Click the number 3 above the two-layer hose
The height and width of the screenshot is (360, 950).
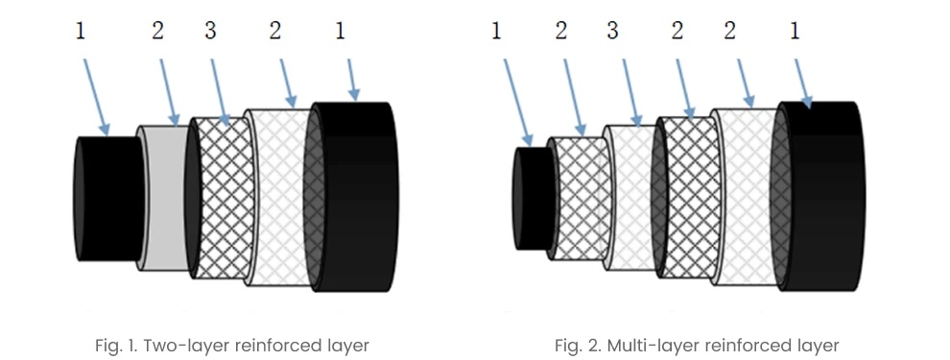tap(210, 31)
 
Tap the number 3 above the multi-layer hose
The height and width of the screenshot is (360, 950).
tap(612, 31)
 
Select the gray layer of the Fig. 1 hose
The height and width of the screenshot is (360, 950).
tap(165, 198)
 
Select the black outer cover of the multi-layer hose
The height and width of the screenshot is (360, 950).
tap(821, 197)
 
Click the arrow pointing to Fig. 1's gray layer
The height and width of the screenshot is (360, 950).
tap(169, 91)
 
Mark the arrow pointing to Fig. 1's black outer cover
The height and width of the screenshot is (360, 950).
tap(351, 80)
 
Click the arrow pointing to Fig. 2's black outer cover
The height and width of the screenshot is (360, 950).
tap(802, 84)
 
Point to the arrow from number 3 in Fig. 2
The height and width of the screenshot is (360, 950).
tap(630, 93)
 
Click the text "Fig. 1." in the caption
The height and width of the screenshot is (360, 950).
tap(117, 346)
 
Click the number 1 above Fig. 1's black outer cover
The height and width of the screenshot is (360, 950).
tap(340, 31)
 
